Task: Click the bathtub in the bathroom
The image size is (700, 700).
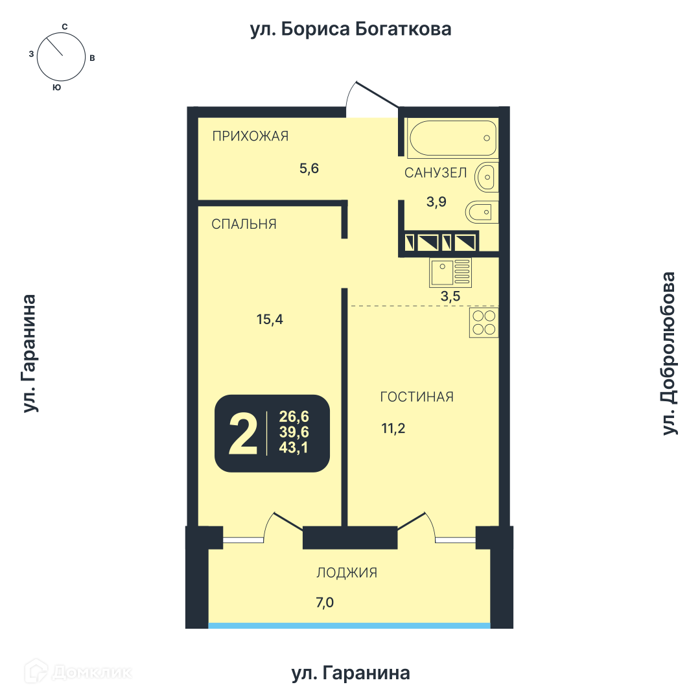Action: tap(452, 138)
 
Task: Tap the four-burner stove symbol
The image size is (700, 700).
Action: tap(484, 322)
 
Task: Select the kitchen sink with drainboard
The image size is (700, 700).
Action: tap(450, 272)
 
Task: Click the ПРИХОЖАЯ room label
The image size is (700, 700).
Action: tap(250, 135)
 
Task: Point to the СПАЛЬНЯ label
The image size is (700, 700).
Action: tap(244, 224)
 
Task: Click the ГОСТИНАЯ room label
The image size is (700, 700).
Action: tap(417, 397)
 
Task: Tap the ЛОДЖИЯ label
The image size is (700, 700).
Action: tap(347, 573)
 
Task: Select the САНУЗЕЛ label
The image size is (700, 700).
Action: tap(436, 173)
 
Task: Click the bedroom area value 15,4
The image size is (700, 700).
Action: tap(270, 319)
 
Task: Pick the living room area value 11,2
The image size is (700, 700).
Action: tap(393, 428)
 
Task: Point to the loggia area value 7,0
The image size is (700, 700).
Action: tap(325, 603)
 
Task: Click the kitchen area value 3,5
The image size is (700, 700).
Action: tap(450, 296)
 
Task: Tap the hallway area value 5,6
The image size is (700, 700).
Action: tap(309, 169)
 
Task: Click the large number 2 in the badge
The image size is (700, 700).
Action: tap(243, 434)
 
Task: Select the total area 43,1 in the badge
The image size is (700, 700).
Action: tap(294, 447)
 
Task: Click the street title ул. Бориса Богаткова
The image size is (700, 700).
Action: tap(351, 29)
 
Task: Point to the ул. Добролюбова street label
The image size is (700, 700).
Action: tap(669, 353)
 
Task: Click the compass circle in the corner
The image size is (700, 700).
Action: tap(61, 57)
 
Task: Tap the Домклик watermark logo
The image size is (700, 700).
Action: tap(78, 671)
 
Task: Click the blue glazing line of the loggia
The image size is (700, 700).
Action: tap(349, 625)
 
